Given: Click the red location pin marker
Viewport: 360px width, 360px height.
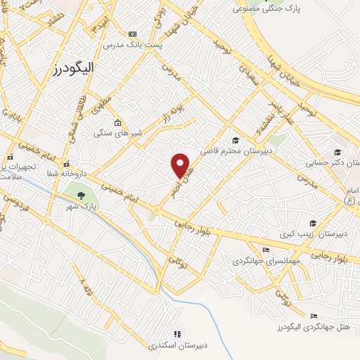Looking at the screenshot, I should (x=181, y=165).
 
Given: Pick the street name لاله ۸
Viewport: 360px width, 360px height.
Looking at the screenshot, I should (x=86, y=288).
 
